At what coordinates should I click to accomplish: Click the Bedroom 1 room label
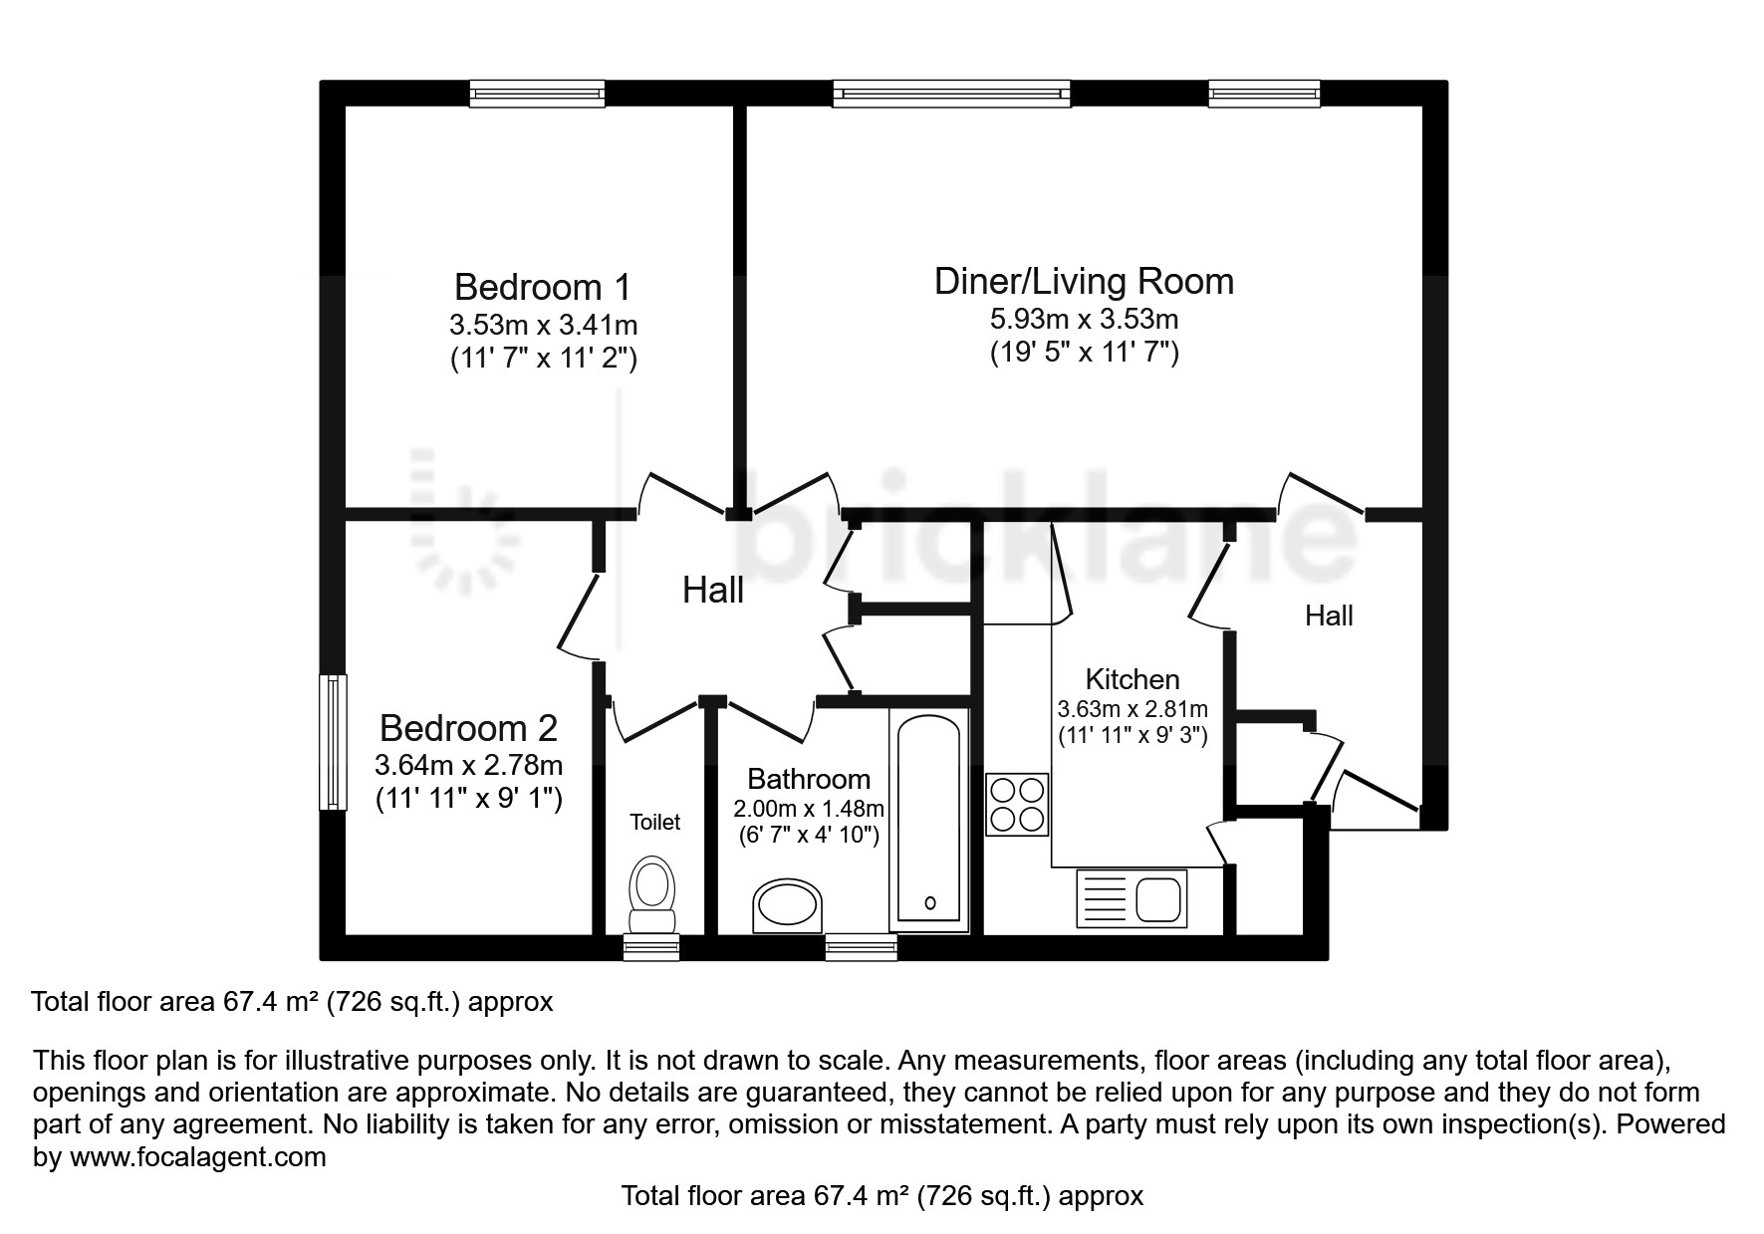(543, 287)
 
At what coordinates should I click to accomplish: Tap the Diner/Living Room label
(1084, 281)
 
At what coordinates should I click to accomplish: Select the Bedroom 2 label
(468, 728)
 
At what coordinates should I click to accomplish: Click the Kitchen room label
(1133, 679)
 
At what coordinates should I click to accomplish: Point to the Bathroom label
(809, 778)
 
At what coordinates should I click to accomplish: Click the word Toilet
(655, 822)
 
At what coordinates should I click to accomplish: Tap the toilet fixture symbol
(652, 893)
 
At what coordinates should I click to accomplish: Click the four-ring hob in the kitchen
(1017, 805)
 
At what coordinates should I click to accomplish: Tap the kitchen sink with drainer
(1131, 898)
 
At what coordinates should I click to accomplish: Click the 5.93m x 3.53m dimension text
(1084, 320)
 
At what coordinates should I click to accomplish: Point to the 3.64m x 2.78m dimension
(468, 766)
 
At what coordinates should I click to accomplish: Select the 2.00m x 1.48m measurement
(809, 809)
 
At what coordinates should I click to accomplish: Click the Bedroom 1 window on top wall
(538, 94)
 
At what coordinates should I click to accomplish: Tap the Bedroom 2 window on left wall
(333, 742)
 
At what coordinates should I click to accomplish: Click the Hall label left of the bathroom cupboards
(713, 591)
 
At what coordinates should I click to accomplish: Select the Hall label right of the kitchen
(1329, 616)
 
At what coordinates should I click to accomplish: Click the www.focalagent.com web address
(198, 1157)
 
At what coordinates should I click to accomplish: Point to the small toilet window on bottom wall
(651, 947)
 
